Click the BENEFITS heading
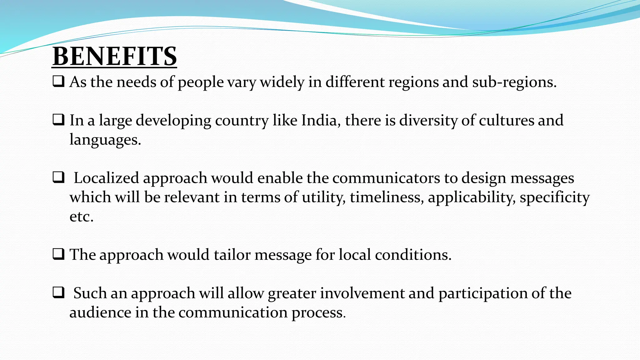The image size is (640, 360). [x=114, y=56]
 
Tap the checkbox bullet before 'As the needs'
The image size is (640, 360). [x=58, y=82]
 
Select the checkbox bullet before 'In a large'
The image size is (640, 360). [x=58, y=120]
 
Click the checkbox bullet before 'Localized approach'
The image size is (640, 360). [x=58, y=177]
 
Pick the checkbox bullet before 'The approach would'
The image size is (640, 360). [x=58, y=254]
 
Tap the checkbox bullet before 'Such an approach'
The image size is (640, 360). [x=58, y=293]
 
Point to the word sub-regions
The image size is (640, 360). [x=514, y=82]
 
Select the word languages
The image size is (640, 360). [x=105, y=140]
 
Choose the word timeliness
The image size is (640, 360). [x=387, y=197]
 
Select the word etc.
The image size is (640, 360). [x=81, y=217]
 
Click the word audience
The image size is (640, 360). [x=100, y=312]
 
